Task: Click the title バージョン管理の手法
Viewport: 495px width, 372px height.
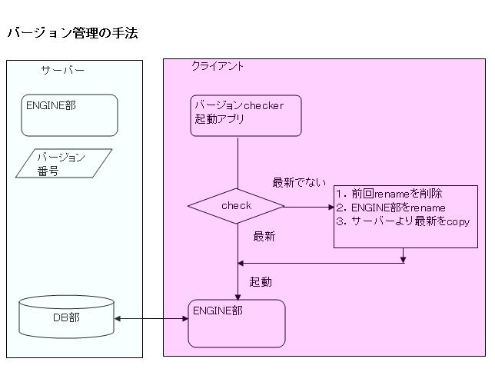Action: click(72, 33)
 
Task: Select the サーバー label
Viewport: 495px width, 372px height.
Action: click(62, 71)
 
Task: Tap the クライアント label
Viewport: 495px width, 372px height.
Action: click(218, 67)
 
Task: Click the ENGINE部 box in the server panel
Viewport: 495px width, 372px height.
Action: click(71, 115)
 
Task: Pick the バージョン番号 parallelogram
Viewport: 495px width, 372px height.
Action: click(64, 164)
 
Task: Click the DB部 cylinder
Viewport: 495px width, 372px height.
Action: click(66, 317)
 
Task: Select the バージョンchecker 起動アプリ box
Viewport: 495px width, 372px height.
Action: click(245, 115)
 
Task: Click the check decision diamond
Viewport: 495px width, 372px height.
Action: click(236, 206)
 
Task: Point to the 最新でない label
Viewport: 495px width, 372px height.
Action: click(299, 183)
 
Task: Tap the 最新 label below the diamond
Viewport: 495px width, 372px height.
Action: click(264, 236)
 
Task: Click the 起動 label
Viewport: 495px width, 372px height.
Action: click(260, 282)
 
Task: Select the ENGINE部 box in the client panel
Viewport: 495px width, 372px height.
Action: click(236, 323)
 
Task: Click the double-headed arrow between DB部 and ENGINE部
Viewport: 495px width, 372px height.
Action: click(151, 318)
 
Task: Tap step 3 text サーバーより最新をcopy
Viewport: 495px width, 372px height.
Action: click(403, 221)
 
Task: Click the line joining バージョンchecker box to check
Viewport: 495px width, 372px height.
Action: click(238, 162)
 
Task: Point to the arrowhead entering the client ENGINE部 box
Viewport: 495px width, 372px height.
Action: click(238, 295)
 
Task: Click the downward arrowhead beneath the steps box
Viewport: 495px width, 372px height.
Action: click(403, 259)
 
